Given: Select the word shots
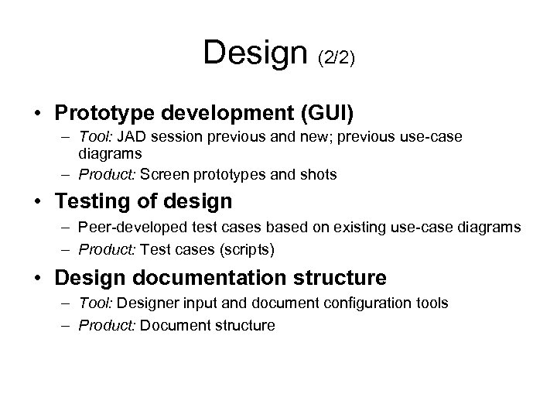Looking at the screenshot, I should click(318, 174).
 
